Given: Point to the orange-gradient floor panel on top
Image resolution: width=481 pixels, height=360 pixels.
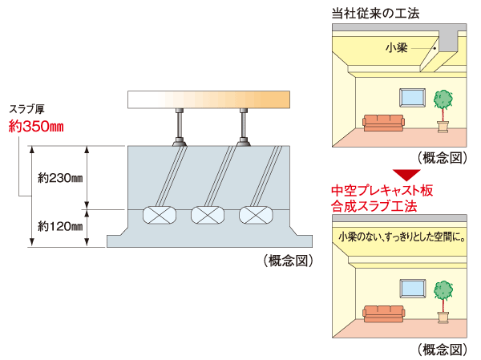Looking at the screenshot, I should tap(208, 99).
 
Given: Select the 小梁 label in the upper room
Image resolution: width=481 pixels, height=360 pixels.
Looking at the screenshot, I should tap(395, 48).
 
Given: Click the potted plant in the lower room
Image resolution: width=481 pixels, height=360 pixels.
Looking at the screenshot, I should tap(443, 297).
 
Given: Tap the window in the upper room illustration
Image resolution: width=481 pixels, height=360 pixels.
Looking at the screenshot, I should tap(413, 95).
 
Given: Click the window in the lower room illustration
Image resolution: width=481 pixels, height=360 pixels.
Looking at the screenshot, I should tap(413, 285).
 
